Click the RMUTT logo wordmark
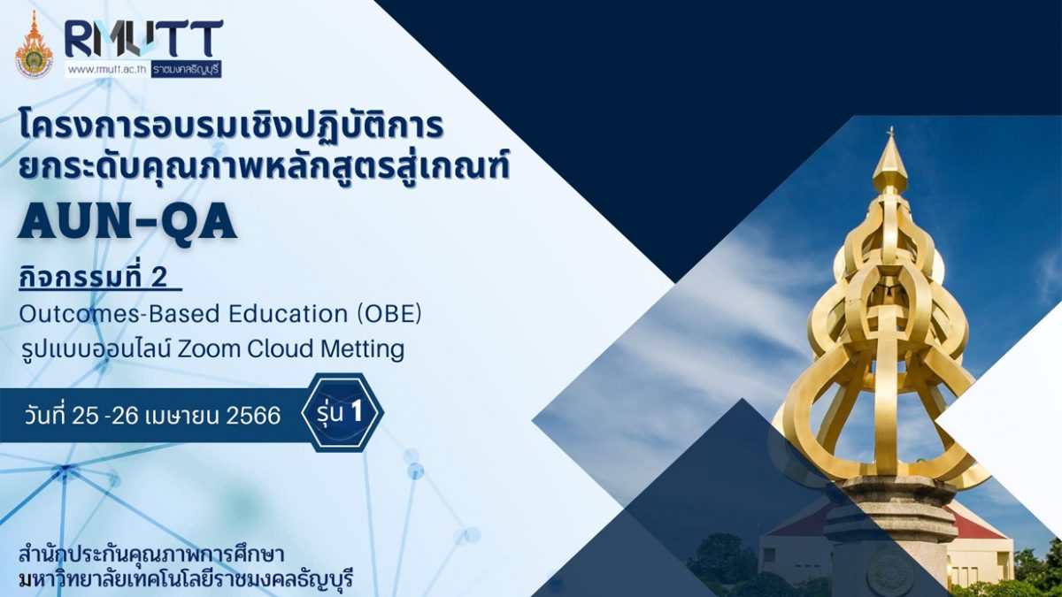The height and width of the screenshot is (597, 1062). pos(144,39)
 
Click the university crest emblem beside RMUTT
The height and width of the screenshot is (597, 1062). pos(35,44)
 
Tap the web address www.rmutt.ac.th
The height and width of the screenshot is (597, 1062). pos(108,69)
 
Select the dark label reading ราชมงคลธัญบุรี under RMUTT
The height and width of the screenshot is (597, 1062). pos(187,69)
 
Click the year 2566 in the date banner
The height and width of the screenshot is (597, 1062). pos(254,416)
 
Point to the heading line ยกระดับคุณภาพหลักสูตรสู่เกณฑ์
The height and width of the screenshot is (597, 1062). pos(264,167)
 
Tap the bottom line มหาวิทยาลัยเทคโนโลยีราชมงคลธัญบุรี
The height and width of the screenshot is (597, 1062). pos(187,579)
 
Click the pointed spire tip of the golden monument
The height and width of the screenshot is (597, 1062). pos(891,129)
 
